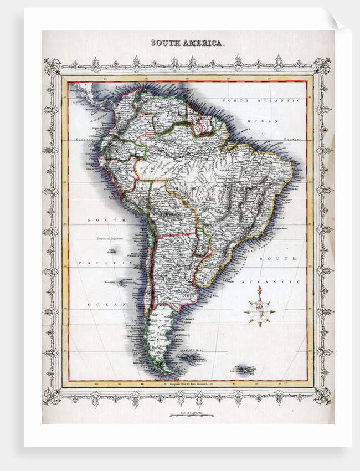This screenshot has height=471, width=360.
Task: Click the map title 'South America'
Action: point(188,43)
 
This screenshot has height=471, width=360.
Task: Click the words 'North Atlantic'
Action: point(261,101)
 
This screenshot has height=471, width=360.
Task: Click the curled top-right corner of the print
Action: point(338,21)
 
